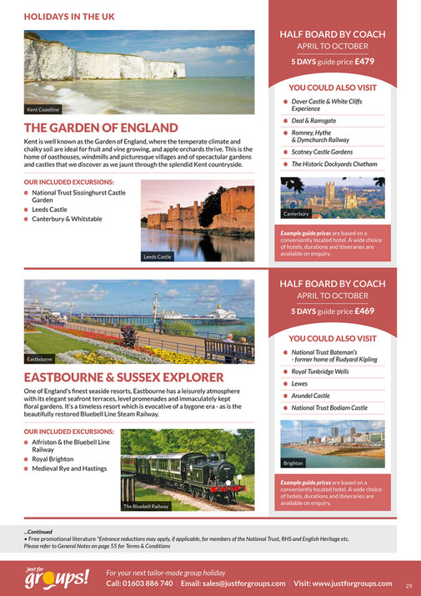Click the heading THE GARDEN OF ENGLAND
coord(101,128)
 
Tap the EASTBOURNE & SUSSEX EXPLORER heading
coord(123,378)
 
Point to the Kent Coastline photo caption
coord(43,109)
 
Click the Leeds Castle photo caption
coord(158,256)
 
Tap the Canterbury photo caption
coord(295,215)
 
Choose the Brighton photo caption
coord(293,462)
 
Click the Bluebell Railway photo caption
coord(146,506)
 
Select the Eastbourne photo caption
coord(40,358)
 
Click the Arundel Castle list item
coord(310,395)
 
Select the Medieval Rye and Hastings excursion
coord(70,468)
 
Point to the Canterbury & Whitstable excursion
coord(68,220)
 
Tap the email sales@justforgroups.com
coord(233,583)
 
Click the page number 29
coord(408,585)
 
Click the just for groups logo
coord(56,575)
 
